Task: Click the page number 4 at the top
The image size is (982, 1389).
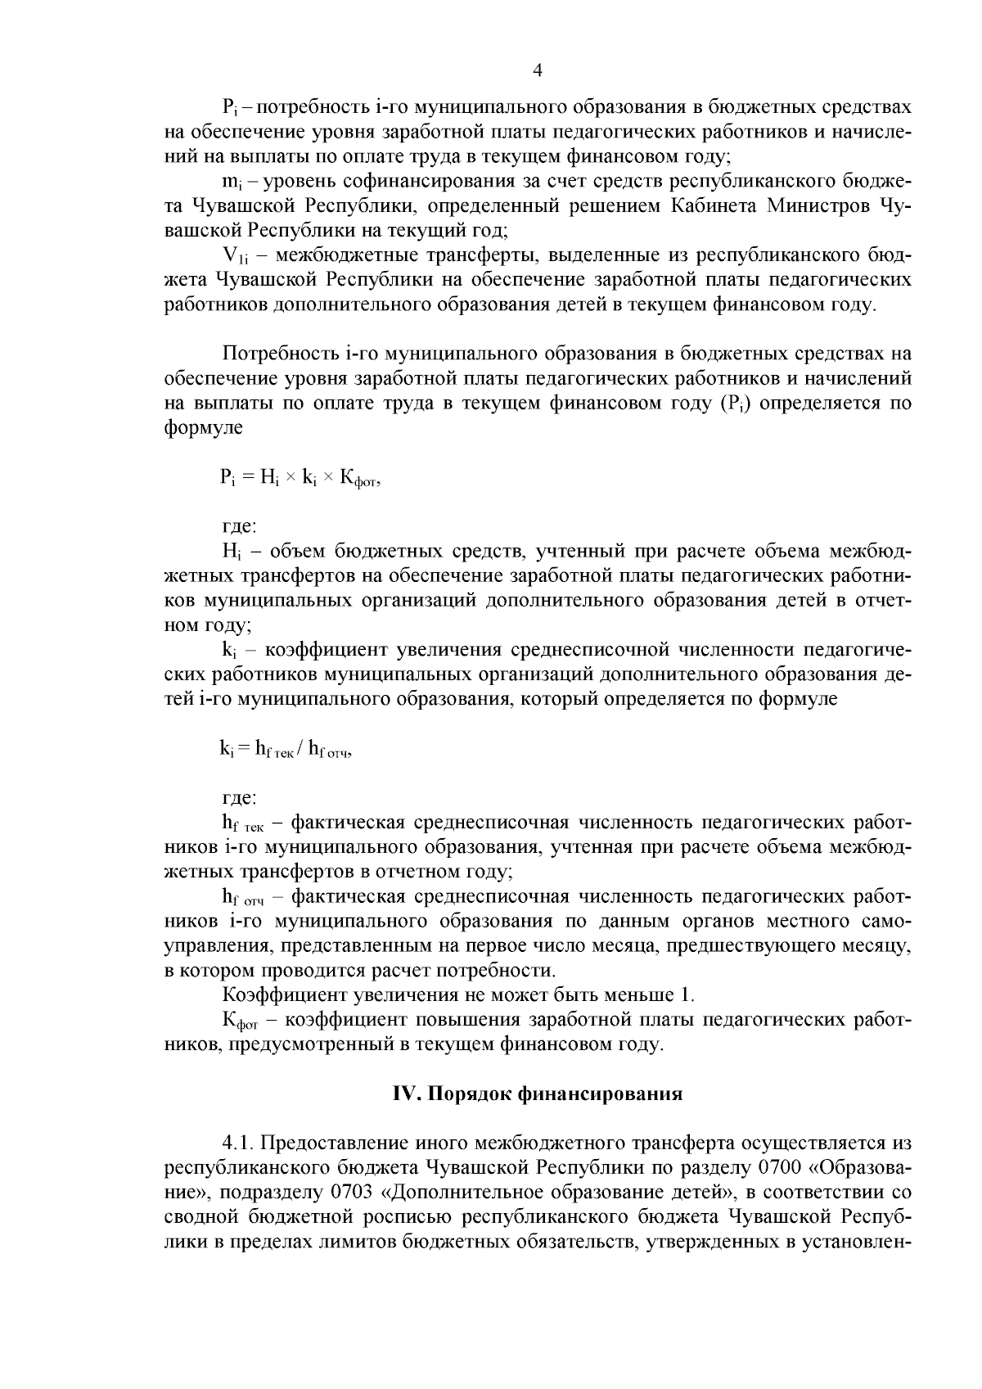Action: [x=537, y=70]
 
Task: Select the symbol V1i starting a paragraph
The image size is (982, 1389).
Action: [x=236, y=257]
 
